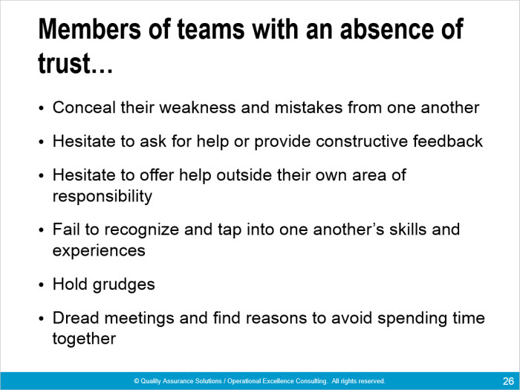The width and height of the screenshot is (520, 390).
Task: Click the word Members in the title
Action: click(90, 29)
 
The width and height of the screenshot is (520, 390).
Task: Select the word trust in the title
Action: click(65, 63)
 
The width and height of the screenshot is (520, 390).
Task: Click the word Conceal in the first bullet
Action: click(84, 108)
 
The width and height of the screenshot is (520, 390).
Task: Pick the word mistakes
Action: click(308, 108)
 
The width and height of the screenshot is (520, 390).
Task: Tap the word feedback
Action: click(448, 141)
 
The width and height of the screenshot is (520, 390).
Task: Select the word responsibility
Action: click(103, 196)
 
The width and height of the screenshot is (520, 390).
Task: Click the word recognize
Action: click(142, 230)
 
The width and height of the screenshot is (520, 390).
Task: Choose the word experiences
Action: click(99, 251)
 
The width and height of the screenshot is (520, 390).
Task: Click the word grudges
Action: click(124, 285)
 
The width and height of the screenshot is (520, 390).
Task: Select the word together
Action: click(84, 339)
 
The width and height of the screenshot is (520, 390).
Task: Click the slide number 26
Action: click(508, 381)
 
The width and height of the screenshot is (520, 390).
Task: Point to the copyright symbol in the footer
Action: click(136, 381)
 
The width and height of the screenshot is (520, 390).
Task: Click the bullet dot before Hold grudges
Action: click(41, 285)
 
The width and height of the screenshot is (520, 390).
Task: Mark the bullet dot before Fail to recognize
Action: click(41, 230)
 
